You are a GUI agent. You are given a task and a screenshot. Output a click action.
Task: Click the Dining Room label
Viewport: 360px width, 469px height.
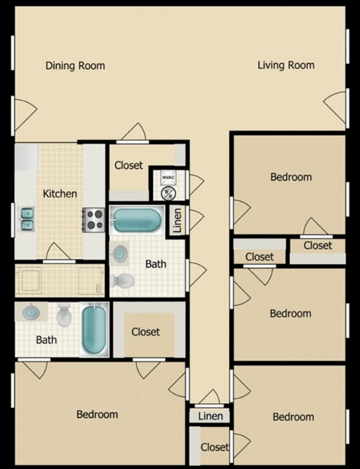[75, 66]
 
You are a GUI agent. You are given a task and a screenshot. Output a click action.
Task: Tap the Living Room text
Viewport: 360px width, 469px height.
[286, 66]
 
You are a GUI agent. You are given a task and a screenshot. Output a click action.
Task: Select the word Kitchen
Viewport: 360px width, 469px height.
[60, 194]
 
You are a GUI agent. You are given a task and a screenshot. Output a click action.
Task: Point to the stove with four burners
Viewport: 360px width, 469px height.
[94, 218]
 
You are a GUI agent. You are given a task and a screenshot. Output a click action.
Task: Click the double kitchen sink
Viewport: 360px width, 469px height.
[27, 218]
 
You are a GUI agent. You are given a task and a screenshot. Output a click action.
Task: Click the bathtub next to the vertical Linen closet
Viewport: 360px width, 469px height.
[137, 221]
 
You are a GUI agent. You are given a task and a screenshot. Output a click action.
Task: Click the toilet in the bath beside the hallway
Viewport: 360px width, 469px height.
[123, 281]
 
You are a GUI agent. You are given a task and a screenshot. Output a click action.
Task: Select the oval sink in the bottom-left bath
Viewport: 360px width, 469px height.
[31, 311]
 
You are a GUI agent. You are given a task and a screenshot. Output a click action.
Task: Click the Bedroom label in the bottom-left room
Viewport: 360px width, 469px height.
[97, 414]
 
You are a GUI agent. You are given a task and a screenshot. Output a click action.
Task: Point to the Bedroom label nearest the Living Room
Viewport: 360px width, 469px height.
[290, 177]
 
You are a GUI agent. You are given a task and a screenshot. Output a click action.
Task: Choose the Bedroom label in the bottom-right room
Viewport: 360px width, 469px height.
[292, 417]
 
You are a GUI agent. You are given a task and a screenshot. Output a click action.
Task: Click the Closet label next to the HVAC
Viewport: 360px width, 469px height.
[129, 166]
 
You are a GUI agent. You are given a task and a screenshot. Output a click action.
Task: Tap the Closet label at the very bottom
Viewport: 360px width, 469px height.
[214, 447]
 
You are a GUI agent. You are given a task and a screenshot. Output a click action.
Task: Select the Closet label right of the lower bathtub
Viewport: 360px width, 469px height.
[145, 332]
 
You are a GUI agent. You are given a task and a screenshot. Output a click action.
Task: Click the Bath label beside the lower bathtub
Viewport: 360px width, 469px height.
[46, 340]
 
